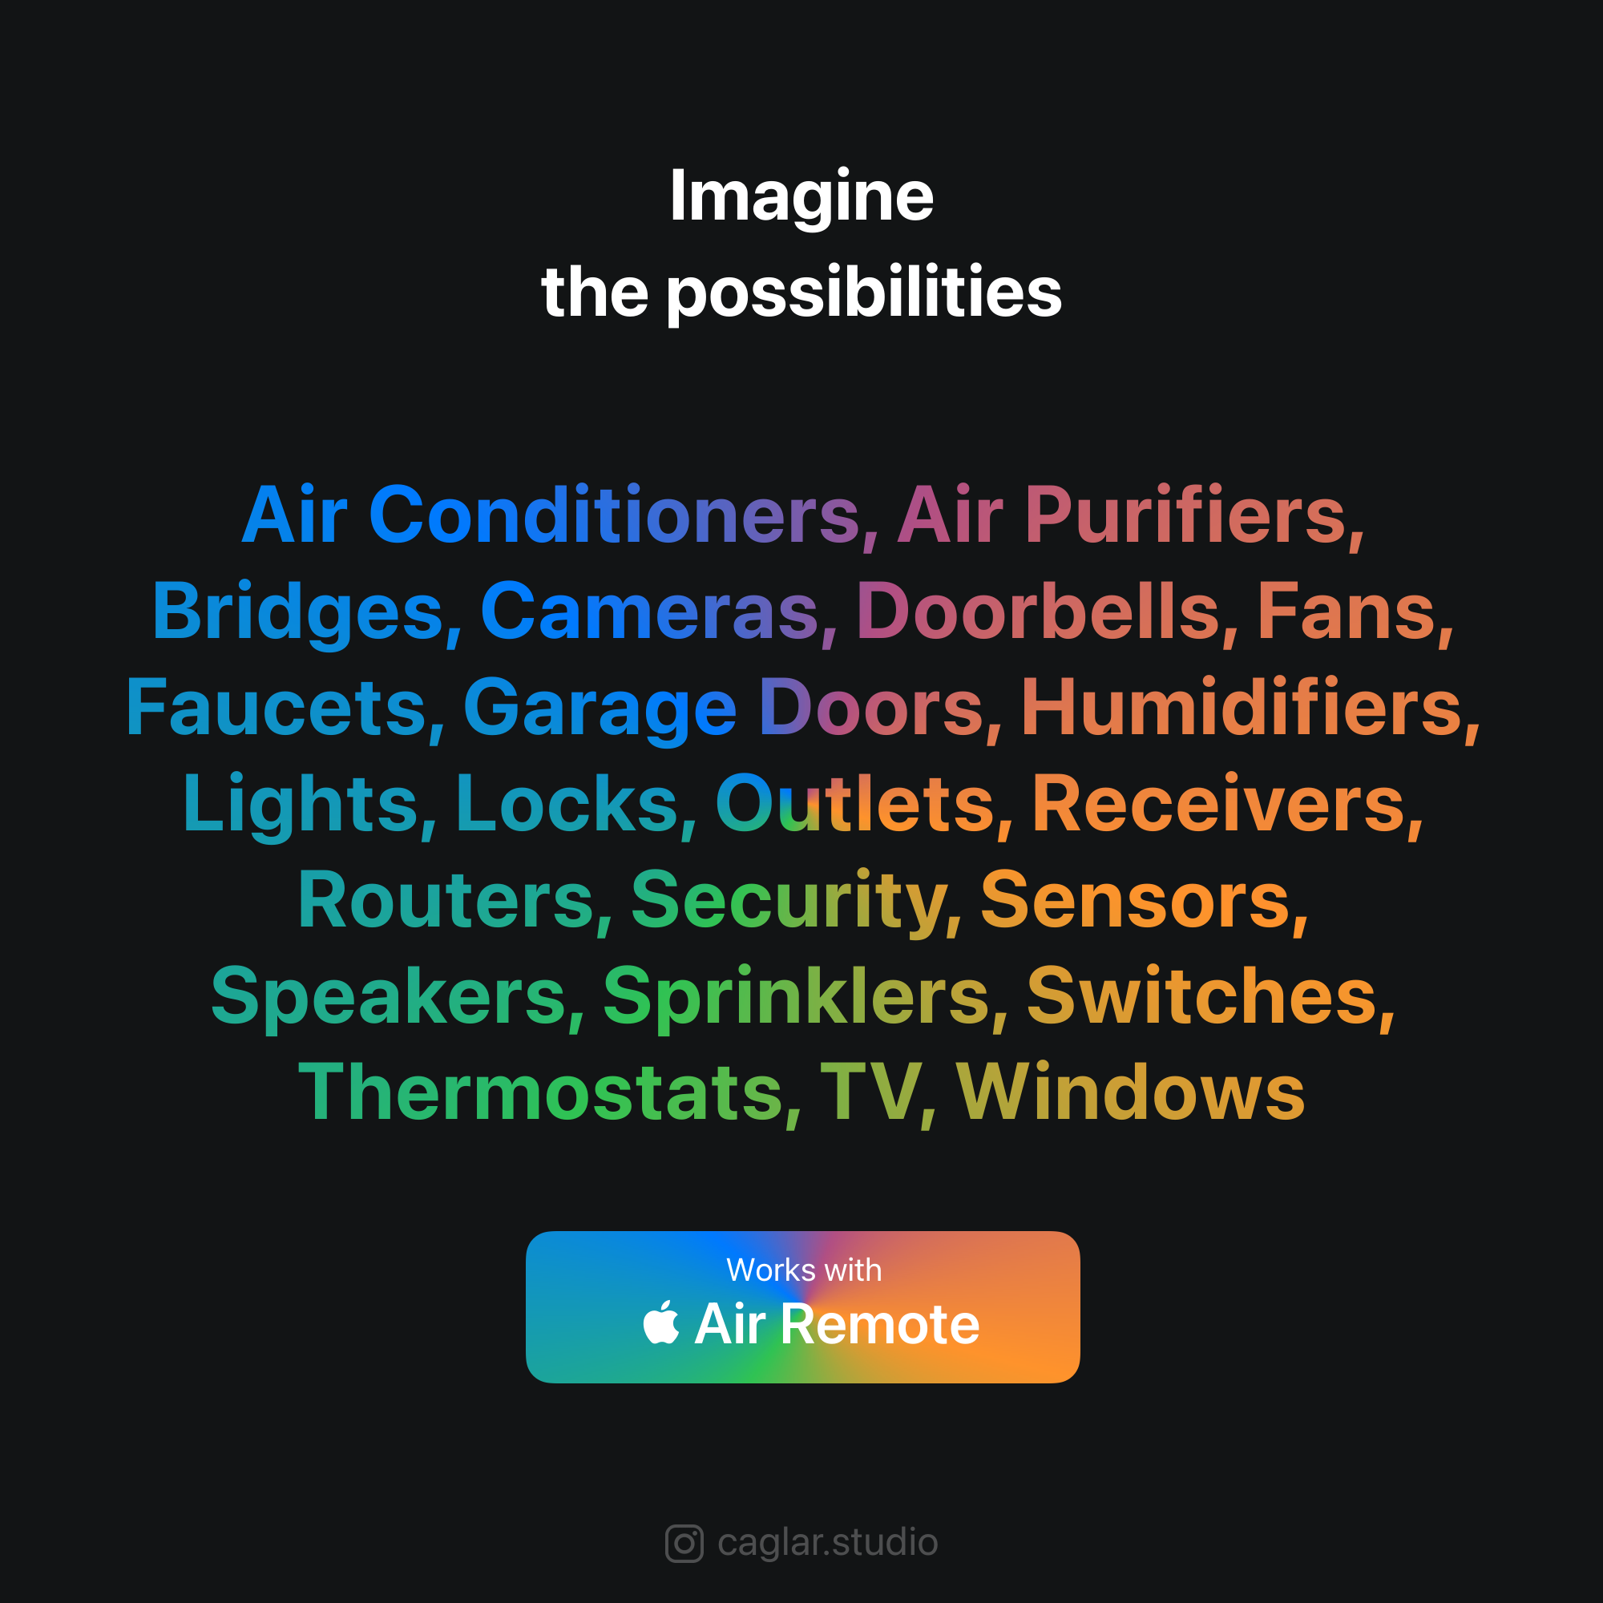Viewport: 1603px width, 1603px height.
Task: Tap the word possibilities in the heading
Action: [864, 293]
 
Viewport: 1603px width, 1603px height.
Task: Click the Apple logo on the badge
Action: [661, 1322]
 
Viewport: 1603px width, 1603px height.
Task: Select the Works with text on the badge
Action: [804, 1270]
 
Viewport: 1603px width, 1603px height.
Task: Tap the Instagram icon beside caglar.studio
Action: [684, 1543]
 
